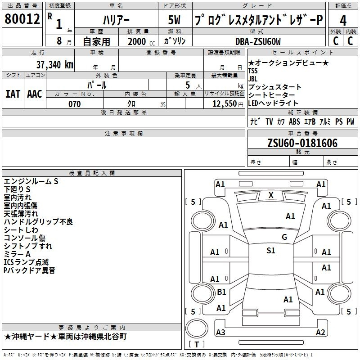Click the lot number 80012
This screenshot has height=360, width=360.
point(22,19)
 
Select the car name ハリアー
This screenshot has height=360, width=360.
point(116,20)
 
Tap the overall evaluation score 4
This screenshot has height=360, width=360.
point(343,21)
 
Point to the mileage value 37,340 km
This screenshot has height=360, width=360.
point(54,65)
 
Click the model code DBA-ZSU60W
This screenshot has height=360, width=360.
point(258,41)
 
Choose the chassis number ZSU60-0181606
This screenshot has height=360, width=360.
point(302,143)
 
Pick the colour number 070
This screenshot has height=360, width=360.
point(75,104)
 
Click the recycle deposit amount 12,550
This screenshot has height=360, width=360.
point(224,104)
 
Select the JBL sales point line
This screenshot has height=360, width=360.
point(253,79)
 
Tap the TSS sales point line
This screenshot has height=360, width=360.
point(253,71)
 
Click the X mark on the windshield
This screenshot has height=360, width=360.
point(271,195)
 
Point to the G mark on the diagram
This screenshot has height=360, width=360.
point(284,237)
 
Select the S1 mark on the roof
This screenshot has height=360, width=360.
point(271,251)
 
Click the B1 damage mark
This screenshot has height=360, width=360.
point(221,292)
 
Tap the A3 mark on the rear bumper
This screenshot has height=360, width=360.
point(220,332)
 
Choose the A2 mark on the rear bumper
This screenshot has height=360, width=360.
point(320,332)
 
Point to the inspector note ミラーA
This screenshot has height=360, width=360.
point(17,254)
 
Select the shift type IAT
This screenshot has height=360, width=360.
point(13,94)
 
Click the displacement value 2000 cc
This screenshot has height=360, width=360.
point(141,41)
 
